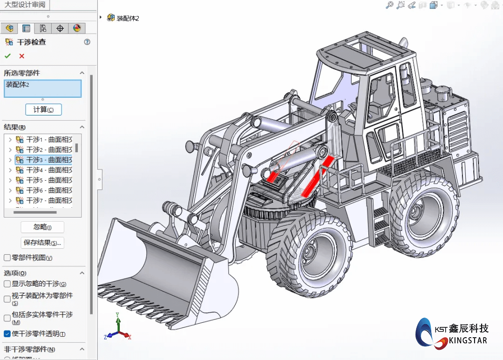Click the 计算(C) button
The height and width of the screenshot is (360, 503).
pyautogui.click(x=43, y=109)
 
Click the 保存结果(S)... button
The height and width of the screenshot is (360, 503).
pyautogui.click(x=42, y=243)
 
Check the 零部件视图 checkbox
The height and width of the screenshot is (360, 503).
pyautogui.click(x=7, y=258)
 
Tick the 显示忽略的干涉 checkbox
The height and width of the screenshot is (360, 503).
pyautogui.click(x=7, y=284)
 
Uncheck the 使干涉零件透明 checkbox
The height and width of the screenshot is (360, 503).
pyautogui.click(x=7, y=333)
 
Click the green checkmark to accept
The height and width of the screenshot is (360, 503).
pyautogui.click(x=7, y=56)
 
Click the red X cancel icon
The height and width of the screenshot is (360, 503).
pyautogui.click(x=21, y=56)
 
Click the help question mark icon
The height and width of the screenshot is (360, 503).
pyautogui.click(x=87, y=42)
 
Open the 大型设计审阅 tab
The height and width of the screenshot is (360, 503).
pyautogui.click(x=25, y=5)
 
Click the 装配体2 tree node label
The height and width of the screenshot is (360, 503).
pyautogui.click(x=128, y=18)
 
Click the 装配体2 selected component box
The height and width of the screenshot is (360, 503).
pyautogui.click(x=42, y=88)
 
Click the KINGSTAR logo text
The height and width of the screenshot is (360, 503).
pyautogui.click(x=468, y=340)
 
